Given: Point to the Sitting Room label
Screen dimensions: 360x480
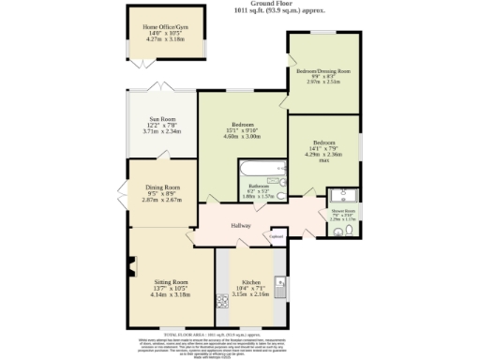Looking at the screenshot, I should [171, 281].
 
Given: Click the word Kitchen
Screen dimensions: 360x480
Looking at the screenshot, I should [250, 281].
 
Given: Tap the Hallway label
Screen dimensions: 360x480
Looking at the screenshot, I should [242, 226].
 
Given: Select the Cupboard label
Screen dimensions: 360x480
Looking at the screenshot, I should [277, 237].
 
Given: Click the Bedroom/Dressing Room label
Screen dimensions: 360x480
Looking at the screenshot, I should [323, 71].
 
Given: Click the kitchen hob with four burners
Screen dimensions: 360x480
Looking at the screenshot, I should [223, 302].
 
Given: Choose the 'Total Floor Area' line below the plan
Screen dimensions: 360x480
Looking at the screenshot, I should [240, 335].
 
